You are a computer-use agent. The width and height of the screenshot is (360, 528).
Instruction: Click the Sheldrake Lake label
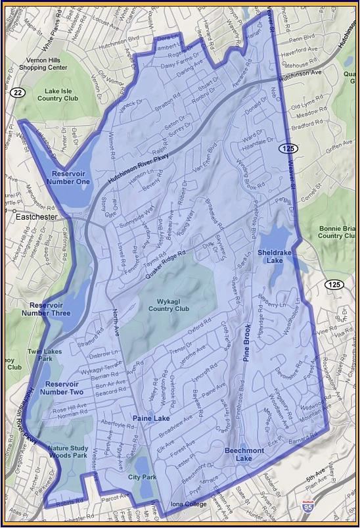(275, 256)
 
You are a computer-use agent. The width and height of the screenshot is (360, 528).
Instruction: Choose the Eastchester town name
(29, 216)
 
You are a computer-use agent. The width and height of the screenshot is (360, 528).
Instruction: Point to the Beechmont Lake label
(243, 454)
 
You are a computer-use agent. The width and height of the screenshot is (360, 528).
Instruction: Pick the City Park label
(142, 477)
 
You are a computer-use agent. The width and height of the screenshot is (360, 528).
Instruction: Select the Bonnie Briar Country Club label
(338, 231)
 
